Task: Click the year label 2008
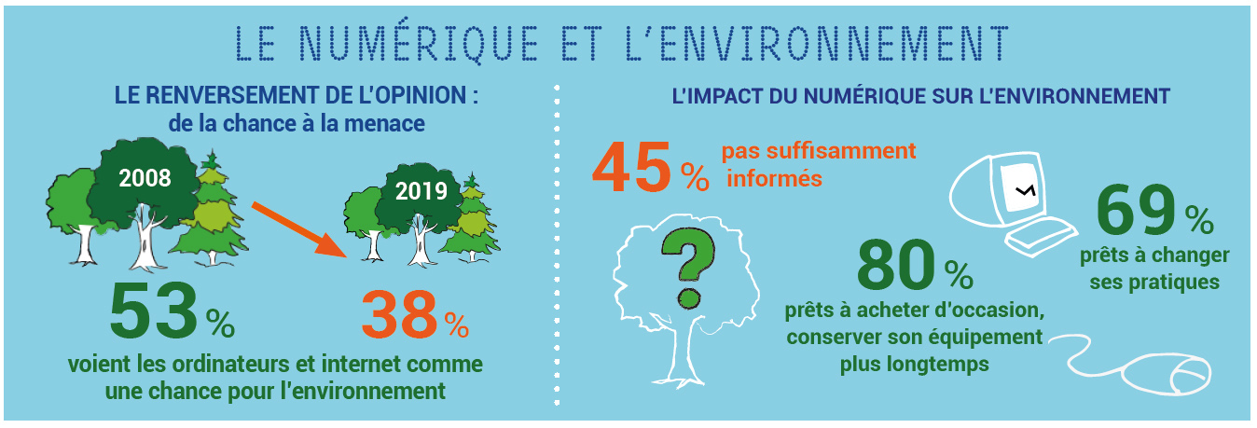tap(145, 178)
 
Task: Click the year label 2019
tap(421, 191)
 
